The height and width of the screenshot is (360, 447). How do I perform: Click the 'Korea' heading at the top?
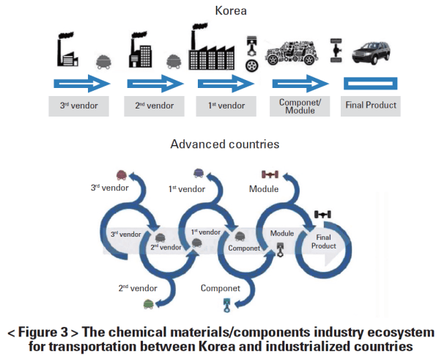(225, 11)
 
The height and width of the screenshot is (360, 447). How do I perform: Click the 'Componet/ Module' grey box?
(297, 106)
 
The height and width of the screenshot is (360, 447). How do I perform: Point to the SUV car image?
(371, 55)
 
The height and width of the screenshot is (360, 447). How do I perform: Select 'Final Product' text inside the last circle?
(325, 241)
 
